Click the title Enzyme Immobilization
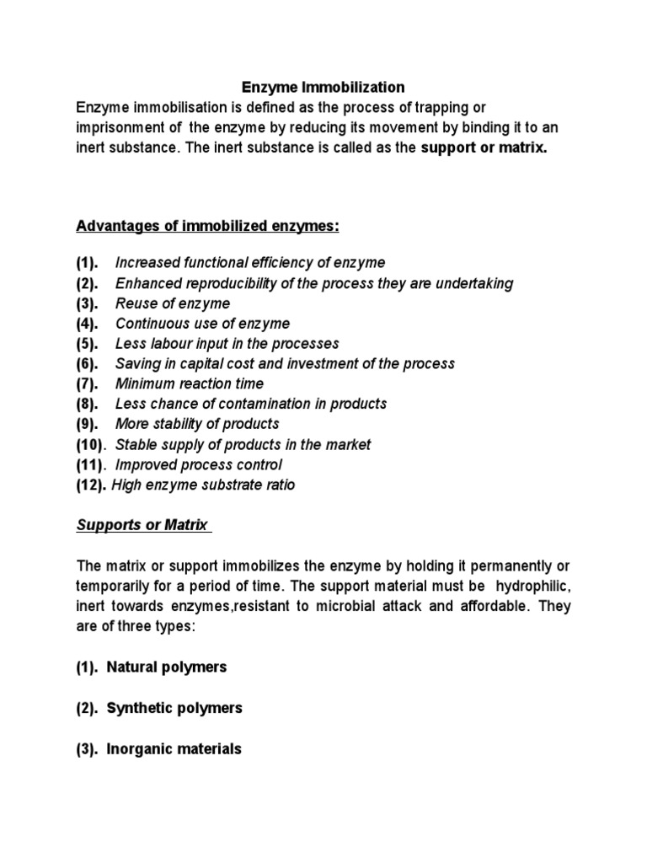point(323,87)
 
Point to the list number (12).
point(92,485)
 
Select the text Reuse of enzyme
point(172,303)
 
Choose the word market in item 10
point(348,444)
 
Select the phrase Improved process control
point(198,464)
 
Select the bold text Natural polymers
point(166,667)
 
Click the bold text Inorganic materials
point(174,748)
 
